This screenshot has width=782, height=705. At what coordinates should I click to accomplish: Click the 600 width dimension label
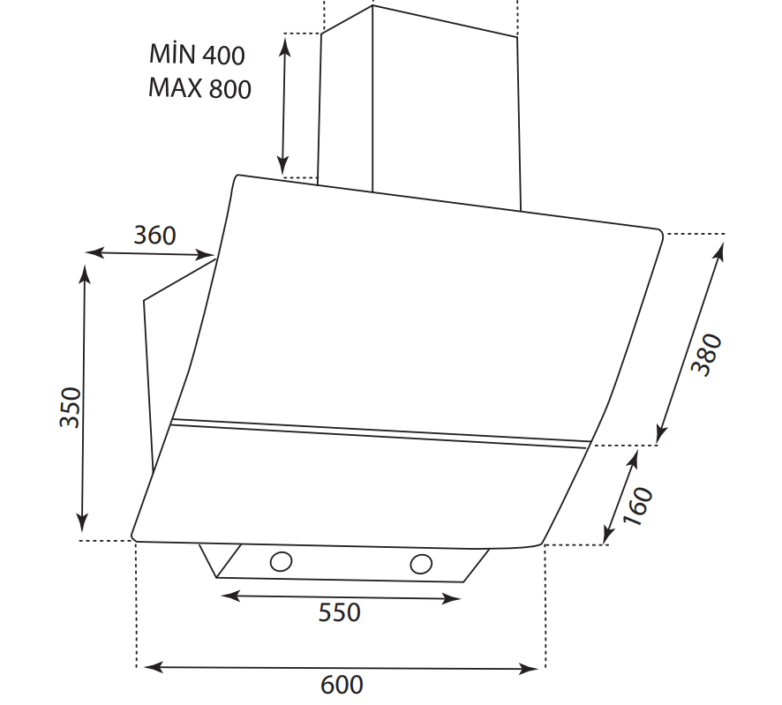tap(342, 685)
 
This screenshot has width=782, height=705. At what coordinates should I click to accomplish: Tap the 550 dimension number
tap(339, 612)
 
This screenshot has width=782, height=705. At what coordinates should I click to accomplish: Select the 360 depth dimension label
tap(154, 236)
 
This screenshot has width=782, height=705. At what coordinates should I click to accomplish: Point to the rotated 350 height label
tap(70, 407)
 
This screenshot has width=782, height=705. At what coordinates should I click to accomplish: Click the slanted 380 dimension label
tap(706, 355)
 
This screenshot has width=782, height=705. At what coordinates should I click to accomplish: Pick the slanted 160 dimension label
tap(638, 506)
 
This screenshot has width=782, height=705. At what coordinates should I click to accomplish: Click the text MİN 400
tap(197, 54)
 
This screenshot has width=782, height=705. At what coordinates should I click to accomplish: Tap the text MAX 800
tap(199, 88)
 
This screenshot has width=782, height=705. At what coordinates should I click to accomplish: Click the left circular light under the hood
tap(281, 561)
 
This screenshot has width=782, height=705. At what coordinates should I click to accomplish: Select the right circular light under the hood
tap(421, 564)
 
